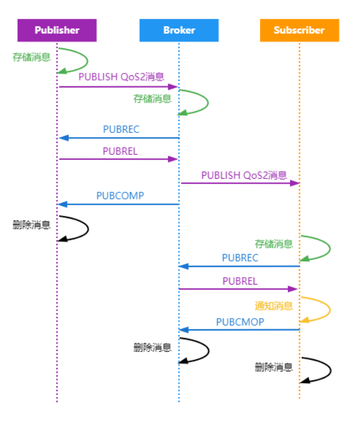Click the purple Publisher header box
click(57, 30)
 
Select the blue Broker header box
click(179, 30)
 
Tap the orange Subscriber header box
click(299, 30)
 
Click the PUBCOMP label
click(120, 196)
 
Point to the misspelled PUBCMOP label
click(240, 322)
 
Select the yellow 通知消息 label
click(274, 306)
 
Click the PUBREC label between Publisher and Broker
click(121, 129)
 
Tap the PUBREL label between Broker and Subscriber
click(240, 281)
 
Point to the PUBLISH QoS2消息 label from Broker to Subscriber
click(244, 175)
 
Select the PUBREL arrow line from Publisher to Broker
click(118, 159)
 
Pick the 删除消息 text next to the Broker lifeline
click(152, 348)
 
